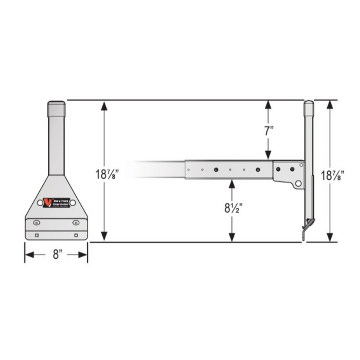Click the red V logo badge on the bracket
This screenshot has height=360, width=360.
coord(48,203)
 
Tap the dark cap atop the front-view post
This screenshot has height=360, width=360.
coord(57,109)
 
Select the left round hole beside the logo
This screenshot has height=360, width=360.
coord(40,203)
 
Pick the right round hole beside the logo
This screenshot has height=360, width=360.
coord(73,203)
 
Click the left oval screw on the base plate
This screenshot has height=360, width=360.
coord(37,223)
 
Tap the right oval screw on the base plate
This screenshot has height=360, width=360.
coord(76,223)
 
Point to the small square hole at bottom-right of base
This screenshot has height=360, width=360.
coord(76,235)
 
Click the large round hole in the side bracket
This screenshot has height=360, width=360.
coord(298,183)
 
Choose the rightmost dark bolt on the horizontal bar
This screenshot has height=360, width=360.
coord(292,168)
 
